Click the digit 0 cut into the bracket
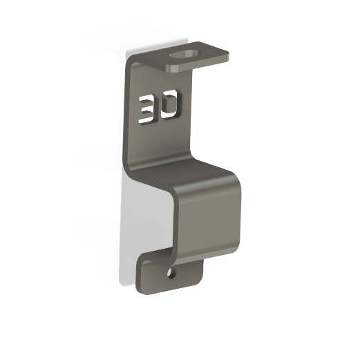pyautogui.click(x=171, y=105)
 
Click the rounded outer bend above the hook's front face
pyautogui.click(x=207, y=181)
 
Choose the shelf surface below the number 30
pyautogui.click(x=183, y=169)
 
